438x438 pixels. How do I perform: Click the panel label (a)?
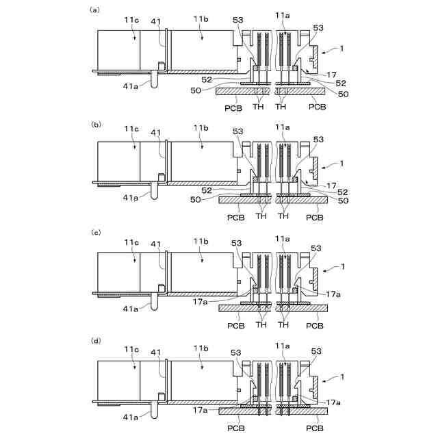(x=95, y=10)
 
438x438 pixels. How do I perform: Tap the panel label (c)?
(x=95, y=233)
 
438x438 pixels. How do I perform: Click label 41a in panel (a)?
(x=132, y=84)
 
